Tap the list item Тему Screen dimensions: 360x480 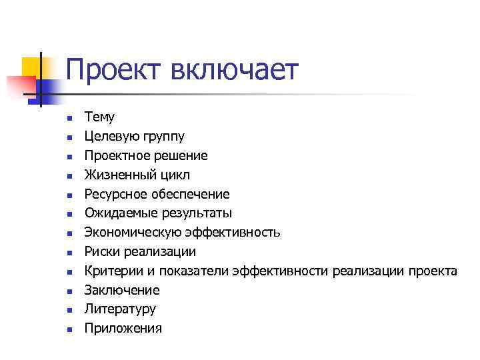(99, 117)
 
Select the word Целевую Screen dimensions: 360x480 (110, 137)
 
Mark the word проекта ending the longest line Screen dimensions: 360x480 (433, 271)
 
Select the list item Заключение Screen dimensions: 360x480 (122, 290)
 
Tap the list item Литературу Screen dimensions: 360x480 (120, 309)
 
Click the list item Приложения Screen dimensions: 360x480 (123, 329)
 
